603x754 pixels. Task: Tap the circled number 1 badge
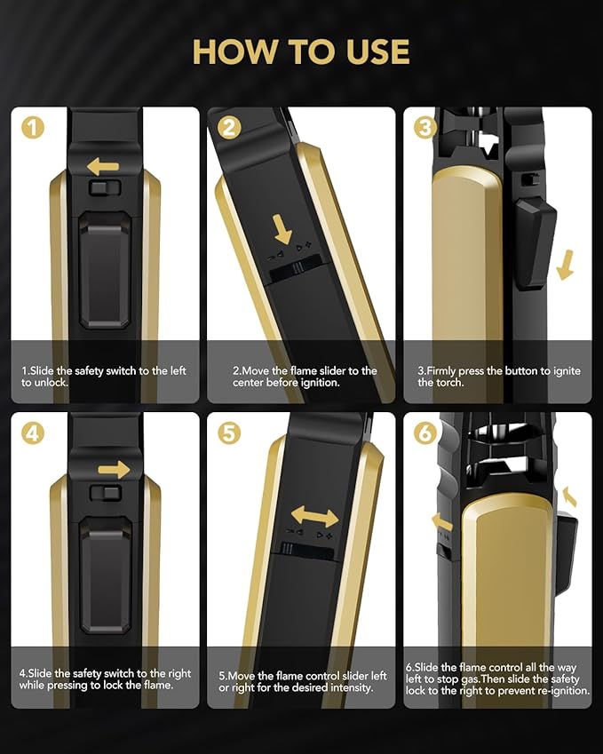[x=33, y=128]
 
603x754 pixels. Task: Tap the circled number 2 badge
[x=229, y=128]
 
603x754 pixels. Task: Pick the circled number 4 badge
[x=33, y=433]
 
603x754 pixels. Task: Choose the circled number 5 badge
[x=229, y=433]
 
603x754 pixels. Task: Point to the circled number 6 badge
[x=425, y=433]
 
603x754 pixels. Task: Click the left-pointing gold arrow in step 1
[x=103, y=167]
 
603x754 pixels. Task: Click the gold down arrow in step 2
[x=282, y=229]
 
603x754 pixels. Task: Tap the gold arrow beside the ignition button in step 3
[x=566, y=265]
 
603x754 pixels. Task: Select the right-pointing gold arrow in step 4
[x=114, y=470]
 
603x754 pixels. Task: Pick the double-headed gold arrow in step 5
[x=315, y=518]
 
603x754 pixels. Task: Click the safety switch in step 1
[x=105, y=187]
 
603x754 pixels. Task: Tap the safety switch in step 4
[x=105, y=493]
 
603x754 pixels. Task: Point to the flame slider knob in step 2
[x=298, y=267]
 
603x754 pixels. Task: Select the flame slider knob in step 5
[x=287, y=549]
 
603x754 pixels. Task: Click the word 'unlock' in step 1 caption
[x=51, y=383]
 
